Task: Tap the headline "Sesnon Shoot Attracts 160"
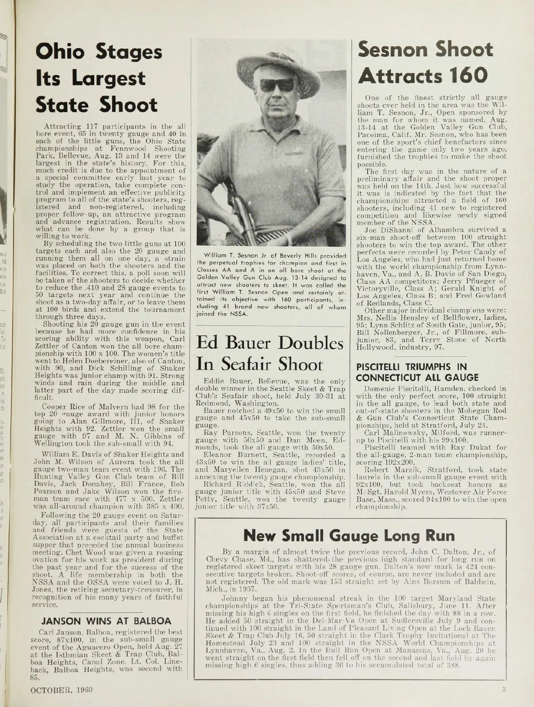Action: [425, 63]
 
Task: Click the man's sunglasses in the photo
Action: [277, 85]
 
